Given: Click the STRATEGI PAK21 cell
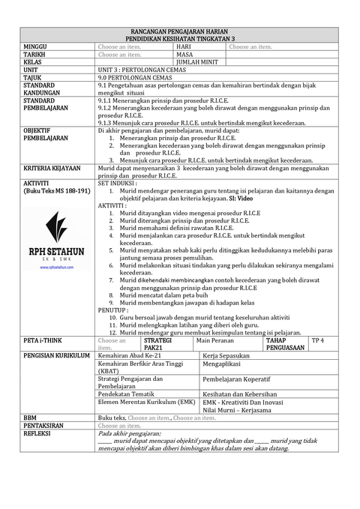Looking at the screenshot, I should [157, 344].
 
